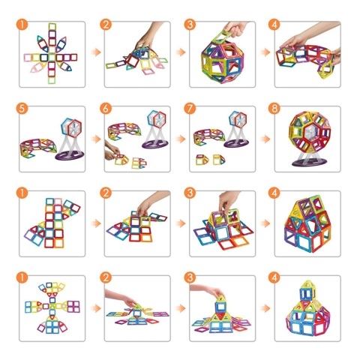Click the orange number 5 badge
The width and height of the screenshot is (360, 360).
pyautogui.click(x=22, y=109)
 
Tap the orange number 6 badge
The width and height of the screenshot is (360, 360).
pyautogui.click(x=106, y=109)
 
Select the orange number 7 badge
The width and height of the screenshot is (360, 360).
pyautogui.click(x=190, y=109)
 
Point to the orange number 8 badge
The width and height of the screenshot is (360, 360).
pyautogui.click(x=274, y=109)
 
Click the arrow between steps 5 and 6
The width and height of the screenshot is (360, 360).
pyautogui.click(x=96, y=139)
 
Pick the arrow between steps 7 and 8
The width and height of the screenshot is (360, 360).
pyautogui.click(x=265, y=139)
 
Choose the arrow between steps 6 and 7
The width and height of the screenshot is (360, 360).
pyautogui.click(x=181, y=139)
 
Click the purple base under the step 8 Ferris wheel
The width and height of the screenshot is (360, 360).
pyautogui.click(x=310, y=162)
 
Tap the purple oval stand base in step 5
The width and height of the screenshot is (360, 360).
pyautogui.click(x=70, y=155)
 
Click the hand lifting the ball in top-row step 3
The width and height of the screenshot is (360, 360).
pyautogui.click(x=235, y=28)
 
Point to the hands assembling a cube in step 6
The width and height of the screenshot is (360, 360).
pyautogui.click(x=112, y=151)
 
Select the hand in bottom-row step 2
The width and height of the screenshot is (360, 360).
pyautogui.click(x=121, y=297)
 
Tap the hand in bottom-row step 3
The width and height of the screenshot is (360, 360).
pyautogui.click(x=207, y=291)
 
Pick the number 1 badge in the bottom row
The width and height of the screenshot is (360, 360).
pyautogui.click(x=22, y=277)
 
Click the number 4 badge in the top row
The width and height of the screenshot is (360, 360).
pyautogui.click(x=274, y=25)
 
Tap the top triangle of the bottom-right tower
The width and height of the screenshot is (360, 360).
pyautogui.click(x=308, y=284)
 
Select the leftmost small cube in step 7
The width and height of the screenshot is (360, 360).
pyautogui.click(x=202, y=160)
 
